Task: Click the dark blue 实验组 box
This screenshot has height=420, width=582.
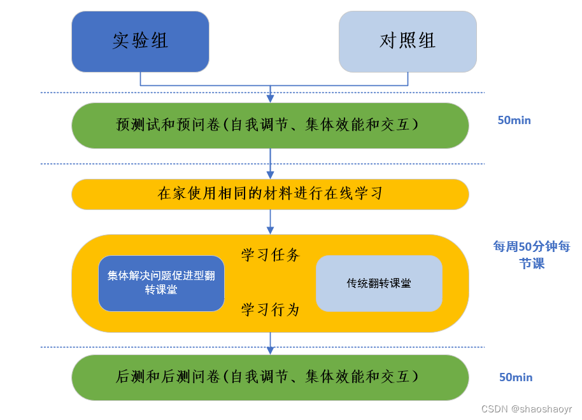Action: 140,41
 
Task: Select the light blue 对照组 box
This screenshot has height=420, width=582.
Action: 408,41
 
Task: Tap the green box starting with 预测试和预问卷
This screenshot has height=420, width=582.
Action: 270,125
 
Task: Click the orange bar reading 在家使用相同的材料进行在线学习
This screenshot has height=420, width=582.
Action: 270,194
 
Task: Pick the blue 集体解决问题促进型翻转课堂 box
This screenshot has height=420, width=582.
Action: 161,283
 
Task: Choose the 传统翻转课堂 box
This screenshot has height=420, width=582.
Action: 379,283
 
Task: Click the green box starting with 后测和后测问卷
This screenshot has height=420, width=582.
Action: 270,377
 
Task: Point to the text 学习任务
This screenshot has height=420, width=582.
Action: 270,255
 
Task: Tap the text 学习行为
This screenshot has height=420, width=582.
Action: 270,310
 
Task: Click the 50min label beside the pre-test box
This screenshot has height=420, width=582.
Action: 514,120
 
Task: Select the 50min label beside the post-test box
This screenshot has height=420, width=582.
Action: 516,377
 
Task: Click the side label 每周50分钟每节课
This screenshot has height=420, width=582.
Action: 532,255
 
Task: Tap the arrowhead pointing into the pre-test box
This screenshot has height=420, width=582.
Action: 271,98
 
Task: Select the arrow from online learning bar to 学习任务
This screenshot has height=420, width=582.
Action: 271,222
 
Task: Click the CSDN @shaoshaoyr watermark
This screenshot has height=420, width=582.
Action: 526,409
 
